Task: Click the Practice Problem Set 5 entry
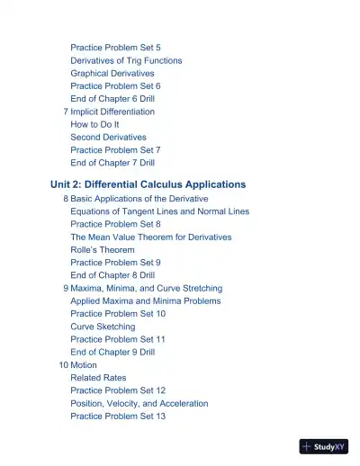pyautogui.click(x=115, y=48)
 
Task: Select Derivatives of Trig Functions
pyautogui.click(x=126, y=60)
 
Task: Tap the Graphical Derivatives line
pyautogui.click(x=112, y=73)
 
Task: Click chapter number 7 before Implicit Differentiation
pyautogui.click(x=66, y=112)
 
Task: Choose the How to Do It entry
pyautogui.click(x=94, y=124)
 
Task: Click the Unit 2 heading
pyautogui.click(x=148, y=184)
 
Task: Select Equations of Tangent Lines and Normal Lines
pyautogui.click(x=160, y=211)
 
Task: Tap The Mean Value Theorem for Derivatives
pyautogui.click(x=151, y=237)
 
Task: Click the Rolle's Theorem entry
pyautogui.click(x=103, y=249)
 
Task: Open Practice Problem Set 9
pyautogui.click(x=115, y=262)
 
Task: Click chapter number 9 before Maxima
pyautogui.click(x=66, y=288)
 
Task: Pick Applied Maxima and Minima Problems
pyautogui.click(x=145, y=300)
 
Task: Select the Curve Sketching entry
pyautogui.click(x=103, y=327)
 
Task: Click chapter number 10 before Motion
pyautogui.click(x=63, y=365)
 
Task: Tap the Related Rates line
pyautogui.click(x=98, y=378)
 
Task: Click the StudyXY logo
pyautogui.click(x=324, y=446)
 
